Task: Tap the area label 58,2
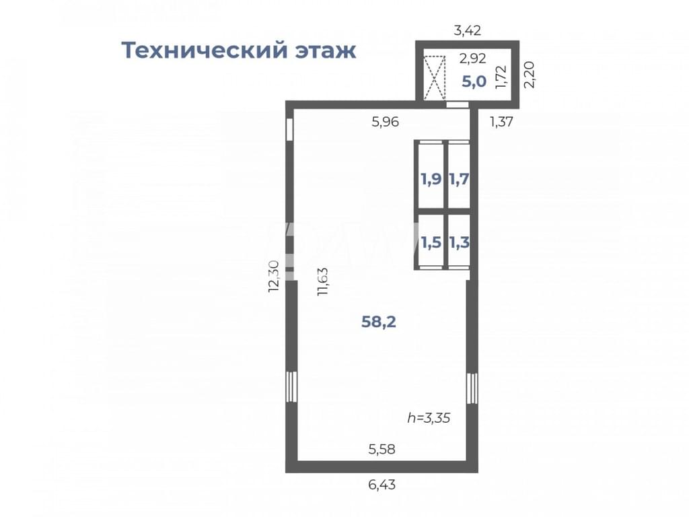(378, 322)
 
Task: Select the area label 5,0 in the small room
(474, 81)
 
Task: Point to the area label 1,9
(431, 179)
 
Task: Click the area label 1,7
(459, 179)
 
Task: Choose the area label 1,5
(431, 242)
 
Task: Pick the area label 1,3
(459, 242)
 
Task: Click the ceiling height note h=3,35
(429, 417)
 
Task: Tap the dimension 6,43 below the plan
(382, 485)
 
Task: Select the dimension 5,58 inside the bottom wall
(382, 449)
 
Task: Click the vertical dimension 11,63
(323, 281)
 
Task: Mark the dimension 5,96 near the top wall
(386, 122)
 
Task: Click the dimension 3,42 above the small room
(468, 30)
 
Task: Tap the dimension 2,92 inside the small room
(473, 58)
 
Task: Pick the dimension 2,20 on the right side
(530, 75)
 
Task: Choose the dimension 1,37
(501, 122)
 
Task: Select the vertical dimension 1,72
(501, 77)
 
